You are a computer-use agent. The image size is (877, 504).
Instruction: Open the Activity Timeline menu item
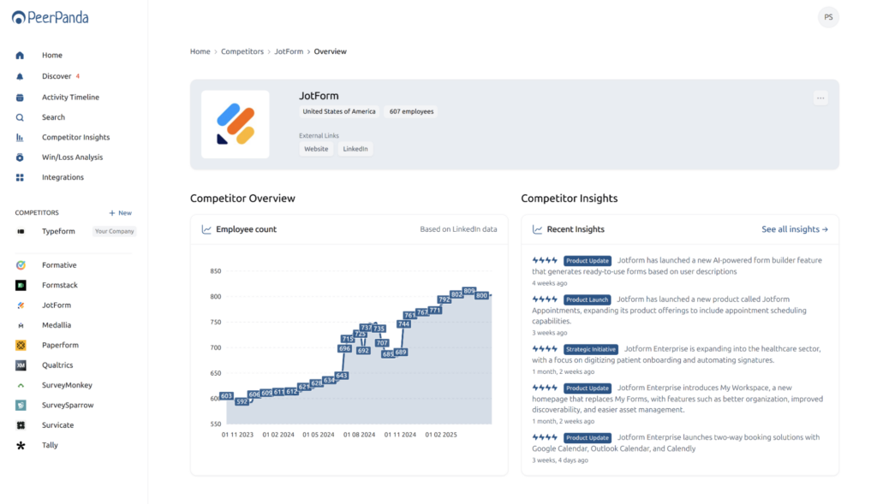tap(70, 98)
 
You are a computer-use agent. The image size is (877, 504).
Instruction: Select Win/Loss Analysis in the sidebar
tap(72, 157)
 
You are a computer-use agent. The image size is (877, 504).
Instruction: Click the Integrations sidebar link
tap(63, 177)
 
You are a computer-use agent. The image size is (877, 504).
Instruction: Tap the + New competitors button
tap(120, 213)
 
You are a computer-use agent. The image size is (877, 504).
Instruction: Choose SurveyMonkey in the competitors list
tap(67, 385)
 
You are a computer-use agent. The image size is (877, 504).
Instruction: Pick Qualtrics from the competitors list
tap(57, 365)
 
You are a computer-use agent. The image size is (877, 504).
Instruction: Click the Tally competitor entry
tap(50, 445)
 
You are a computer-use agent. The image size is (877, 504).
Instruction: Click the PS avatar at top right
tap(827, 17)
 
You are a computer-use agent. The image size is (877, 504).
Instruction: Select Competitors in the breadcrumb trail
tap(242, 51)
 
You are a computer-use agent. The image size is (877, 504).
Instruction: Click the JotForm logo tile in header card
tap(235, 124)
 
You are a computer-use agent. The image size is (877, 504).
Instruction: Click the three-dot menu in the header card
tap(820, 98)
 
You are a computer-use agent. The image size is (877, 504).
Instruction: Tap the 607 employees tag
tap(411, 112)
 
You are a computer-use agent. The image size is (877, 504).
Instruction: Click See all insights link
tap(794, 229)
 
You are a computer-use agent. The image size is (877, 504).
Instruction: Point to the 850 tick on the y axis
tap(215, 271)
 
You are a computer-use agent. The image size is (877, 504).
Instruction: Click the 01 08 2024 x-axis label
tap(359, 435)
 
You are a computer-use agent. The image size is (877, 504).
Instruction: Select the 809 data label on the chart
tap(468, 291)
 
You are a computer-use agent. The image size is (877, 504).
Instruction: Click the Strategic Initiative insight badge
tap(590, 349)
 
